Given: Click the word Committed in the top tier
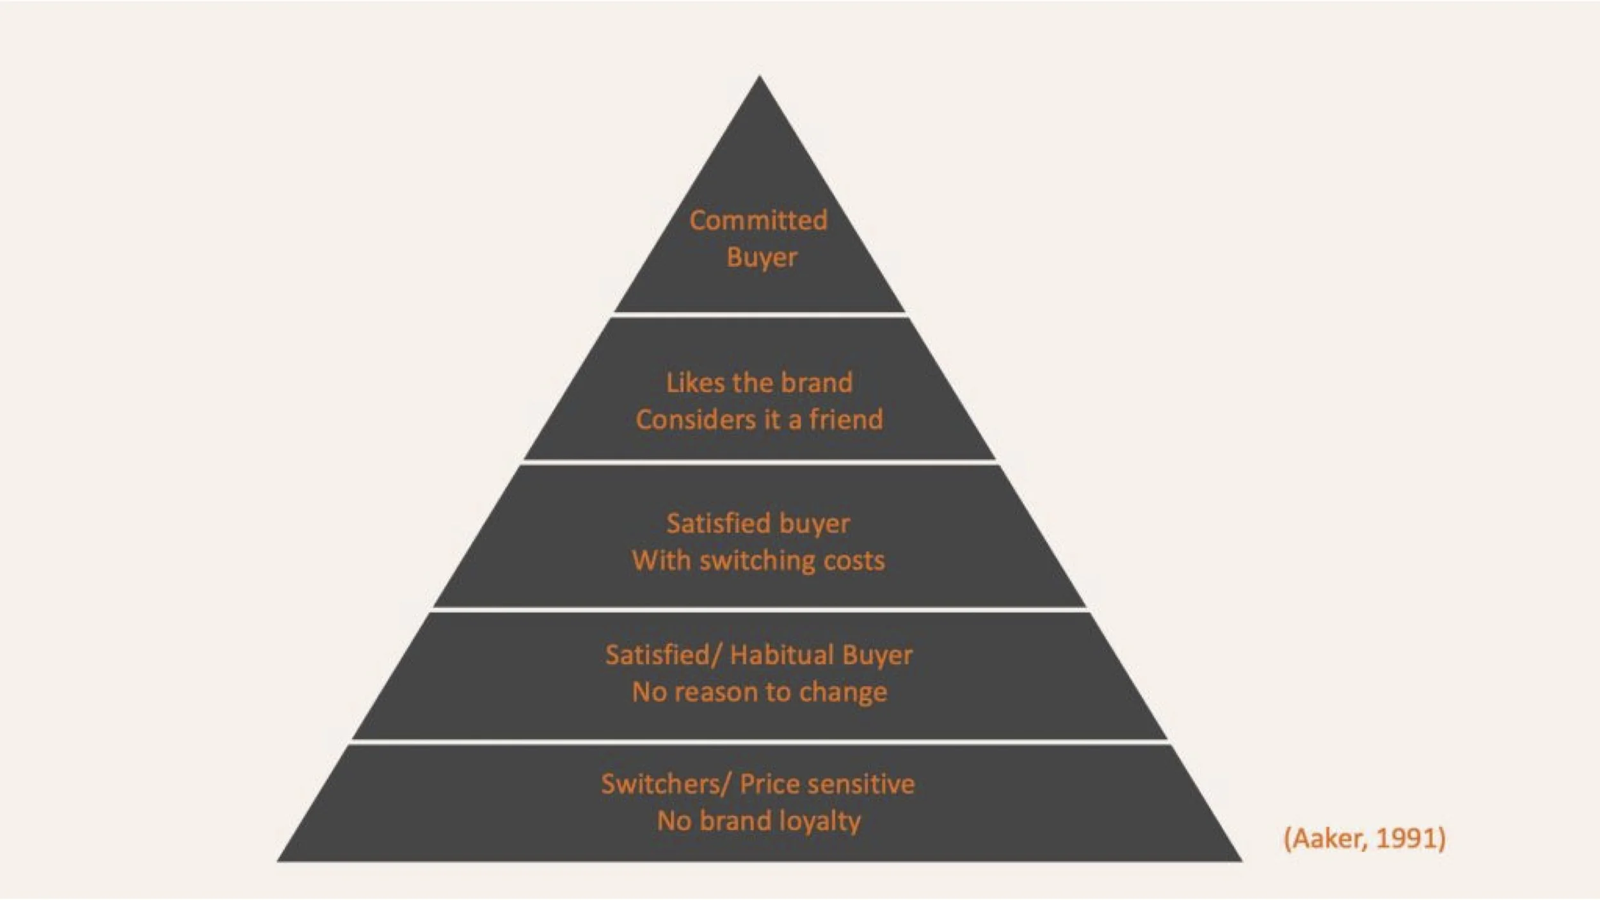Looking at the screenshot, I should click(x=758, y=220).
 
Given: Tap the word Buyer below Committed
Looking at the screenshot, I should click(x=762, y=257).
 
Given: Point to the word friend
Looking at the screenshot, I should click(x=846, y=420).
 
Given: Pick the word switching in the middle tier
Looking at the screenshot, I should click(x=757, y=561).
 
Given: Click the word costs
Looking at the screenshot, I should click(x=854, y=561).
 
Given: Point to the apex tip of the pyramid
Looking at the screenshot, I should click(x=760, y=78).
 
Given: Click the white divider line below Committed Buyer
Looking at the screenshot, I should click(x=760, y=315).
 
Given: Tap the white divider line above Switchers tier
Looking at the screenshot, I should click(x=760, y=742).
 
